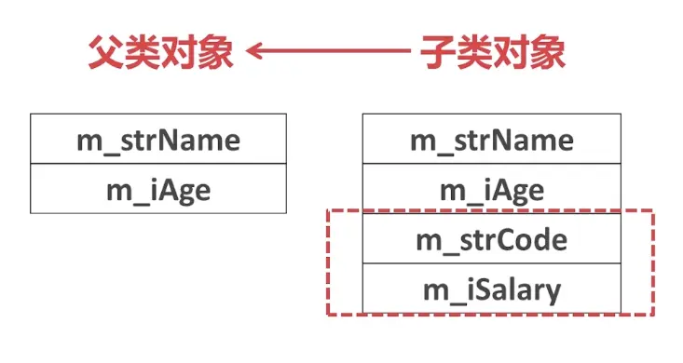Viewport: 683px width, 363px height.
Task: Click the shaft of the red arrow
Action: (x=335, y=53)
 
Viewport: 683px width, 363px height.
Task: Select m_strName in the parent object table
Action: (x=157, y=141)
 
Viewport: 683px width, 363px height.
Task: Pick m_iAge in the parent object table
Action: (x=157, y=191)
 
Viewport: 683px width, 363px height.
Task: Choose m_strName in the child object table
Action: (x=491, y=141)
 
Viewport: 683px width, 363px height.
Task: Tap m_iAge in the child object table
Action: (x=491, y=191)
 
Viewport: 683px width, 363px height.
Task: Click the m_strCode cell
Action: (x=491, y=240)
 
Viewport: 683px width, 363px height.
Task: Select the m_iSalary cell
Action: (x=491, y=290)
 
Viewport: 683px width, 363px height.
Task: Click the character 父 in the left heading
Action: (x=105, y=52)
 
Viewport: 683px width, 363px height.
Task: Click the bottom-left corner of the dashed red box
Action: (x=328, y=316)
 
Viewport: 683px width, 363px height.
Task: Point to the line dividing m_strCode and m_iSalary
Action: (x=491, y=264)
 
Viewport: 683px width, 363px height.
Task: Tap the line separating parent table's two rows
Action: (x=157, y=165)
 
